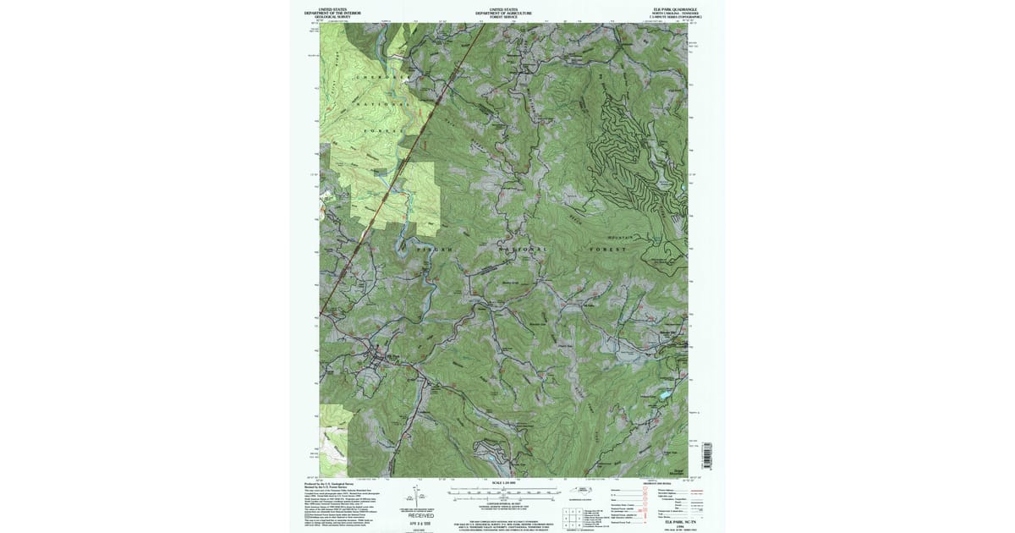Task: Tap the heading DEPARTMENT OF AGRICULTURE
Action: pos(504,13)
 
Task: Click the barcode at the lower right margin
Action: pos(708,455)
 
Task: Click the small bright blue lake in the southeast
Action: pos(666,394)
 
